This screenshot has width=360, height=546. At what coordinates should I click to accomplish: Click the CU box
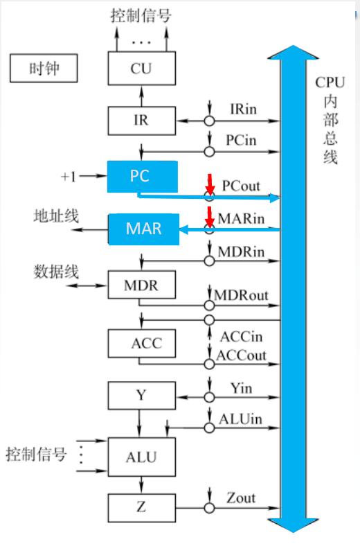(141, 69)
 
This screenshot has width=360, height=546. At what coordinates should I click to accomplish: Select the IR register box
(141, 121)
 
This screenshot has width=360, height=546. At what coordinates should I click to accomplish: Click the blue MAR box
(143, 229)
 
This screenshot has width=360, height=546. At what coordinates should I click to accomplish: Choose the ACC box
(141, 343)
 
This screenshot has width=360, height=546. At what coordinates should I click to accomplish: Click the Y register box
(141, 396)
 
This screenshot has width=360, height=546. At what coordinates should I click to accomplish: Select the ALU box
(141, 457)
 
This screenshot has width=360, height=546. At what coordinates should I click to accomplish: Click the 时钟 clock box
(42, 69)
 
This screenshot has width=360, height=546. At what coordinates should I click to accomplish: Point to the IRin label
(243, 109)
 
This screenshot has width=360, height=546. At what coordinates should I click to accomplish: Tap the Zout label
(241, 497)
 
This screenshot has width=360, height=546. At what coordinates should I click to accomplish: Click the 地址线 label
(56, 215)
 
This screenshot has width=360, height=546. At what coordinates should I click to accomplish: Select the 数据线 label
(56, 271)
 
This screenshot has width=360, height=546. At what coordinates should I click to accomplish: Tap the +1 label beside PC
(69, 177)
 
